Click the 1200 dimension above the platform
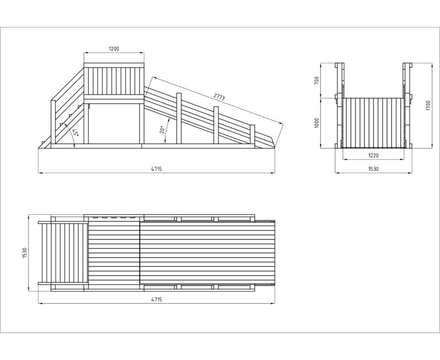[x=114, y=49]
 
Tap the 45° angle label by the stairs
[x=75, y=134]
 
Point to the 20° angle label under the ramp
[x=162, y=130]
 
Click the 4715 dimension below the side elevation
[x=156, y=169]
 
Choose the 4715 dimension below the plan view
[x=156, y=299]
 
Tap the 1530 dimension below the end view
[x=373, y=169]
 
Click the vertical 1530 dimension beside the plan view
[x=25, y=253]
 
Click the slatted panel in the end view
[x=373, y=122]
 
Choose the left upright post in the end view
[x=340, y=104]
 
